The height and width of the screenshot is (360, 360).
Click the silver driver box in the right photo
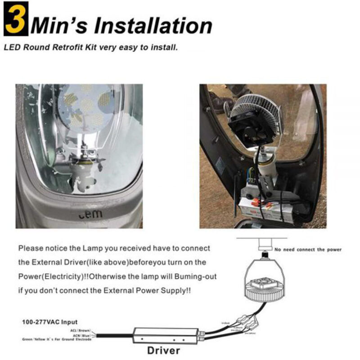[x=265, y=209]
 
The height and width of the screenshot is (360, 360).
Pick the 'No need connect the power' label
[x=308, y=249]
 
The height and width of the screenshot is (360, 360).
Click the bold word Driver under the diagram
[x=164, y=350]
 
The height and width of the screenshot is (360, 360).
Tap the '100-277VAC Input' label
[x=50, y=322]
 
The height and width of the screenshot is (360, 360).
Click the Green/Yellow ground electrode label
[x=56, y=339]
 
